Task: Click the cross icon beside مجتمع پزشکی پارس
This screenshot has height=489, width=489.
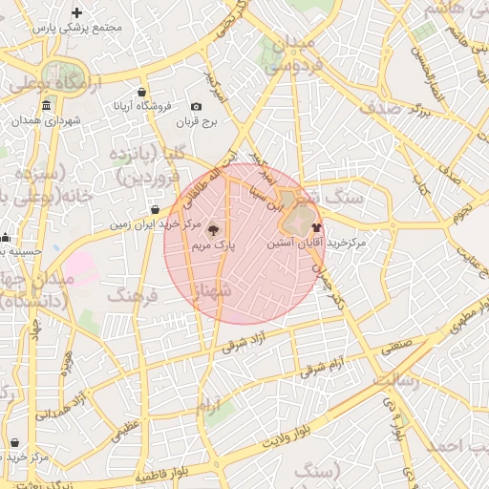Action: coord(77,12)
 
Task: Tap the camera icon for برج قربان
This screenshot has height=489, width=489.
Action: coord(197,107)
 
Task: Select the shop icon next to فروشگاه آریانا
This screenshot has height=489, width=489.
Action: coord(142,93)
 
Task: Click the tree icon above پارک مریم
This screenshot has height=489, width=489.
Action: coord(212,229)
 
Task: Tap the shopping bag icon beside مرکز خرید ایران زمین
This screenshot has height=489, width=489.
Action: coord(156,210)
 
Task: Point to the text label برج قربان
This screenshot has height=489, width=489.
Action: coord(202,123)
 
